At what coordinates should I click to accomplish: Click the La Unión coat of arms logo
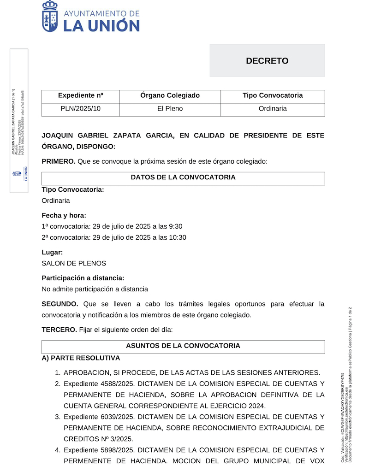pos(50,16)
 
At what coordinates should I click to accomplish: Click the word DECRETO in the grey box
pos(267,61)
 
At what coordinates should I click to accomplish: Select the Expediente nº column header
pos(80,95)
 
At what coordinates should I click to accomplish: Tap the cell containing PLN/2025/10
pos(80,109)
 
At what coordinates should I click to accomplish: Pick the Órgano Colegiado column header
pos(170,95)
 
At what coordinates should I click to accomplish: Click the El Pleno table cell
pos(170,109)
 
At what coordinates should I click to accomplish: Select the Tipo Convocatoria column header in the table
pos(273,95)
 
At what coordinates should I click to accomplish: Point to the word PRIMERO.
pos(58,161)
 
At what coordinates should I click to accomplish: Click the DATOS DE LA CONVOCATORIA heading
pos(183,177)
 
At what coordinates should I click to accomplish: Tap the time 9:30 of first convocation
pos(176,226)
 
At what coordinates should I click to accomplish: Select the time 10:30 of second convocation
pos(178,238)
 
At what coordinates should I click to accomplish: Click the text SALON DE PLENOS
pos(74,264)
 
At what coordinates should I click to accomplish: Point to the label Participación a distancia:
pos(83,278)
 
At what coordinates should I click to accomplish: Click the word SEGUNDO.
pos(60,304)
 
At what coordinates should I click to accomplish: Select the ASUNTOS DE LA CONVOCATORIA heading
pos(183,346)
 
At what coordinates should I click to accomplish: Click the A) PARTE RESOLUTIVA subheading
pos(81,358)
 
